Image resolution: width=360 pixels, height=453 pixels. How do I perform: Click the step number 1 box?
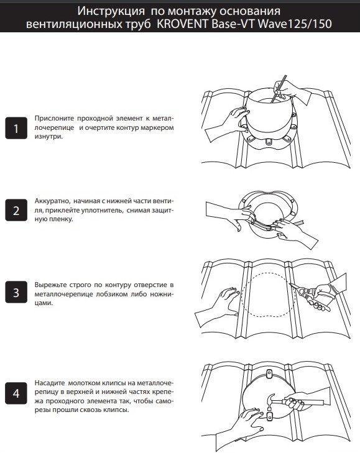[x=16, y=128]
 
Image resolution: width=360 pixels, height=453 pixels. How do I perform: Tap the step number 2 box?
[x=16, y=210]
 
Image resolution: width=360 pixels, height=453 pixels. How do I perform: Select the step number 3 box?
[x=16, y=292]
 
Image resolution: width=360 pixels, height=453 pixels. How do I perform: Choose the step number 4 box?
[x=16, y=393]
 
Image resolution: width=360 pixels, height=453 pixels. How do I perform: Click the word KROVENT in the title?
[x=182, y=24]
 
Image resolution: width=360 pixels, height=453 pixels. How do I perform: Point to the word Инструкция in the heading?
[x=111, y=11]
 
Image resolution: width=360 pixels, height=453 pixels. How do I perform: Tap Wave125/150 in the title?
[x=295, y=24]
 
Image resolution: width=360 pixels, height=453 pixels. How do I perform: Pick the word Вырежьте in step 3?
[x=50, y=285]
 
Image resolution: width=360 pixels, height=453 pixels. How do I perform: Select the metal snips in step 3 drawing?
[x=310, y=296]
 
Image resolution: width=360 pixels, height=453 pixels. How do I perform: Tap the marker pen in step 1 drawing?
[x=279, y=89]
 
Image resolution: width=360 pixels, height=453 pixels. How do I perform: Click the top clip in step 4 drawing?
[x=269, y=374]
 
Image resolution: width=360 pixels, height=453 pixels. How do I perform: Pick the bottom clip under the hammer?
[x=269, y=416]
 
